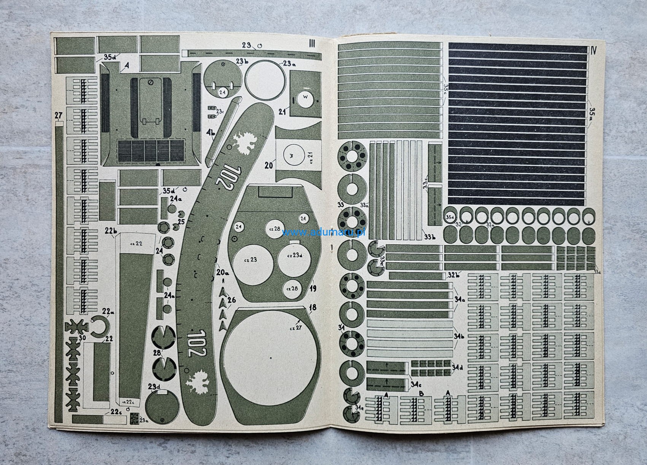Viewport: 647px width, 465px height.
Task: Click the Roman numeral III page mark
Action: coord(312,44)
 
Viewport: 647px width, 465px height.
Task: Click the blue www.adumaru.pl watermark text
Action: coord(324,232)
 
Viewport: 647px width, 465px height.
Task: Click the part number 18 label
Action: coord(313,308)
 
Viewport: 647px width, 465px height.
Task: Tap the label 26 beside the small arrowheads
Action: coord(232,301)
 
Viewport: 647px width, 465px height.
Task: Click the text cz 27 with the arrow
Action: coord(295,328)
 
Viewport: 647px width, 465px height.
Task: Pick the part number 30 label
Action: coord(82,338)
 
